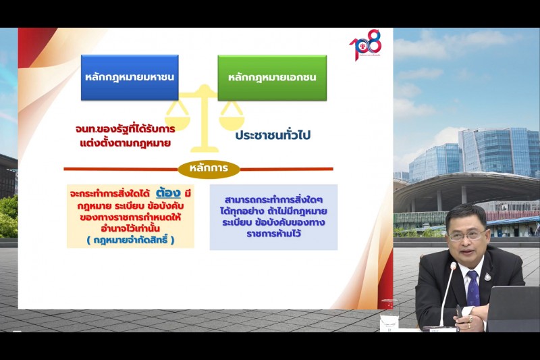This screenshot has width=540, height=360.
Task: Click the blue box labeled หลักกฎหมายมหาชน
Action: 130,77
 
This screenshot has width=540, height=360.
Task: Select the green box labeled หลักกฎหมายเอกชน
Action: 272,77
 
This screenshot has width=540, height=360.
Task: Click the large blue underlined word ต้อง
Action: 167,192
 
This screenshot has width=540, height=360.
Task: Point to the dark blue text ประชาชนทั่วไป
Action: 273,135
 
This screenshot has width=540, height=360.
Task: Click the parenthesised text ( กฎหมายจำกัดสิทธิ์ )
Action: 130,240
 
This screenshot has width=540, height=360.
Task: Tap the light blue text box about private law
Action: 273,217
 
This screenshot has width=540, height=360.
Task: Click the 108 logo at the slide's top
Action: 365,46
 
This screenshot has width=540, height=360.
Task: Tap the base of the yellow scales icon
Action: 204,148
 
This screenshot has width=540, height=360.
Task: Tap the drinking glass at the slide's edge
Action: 389,323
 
